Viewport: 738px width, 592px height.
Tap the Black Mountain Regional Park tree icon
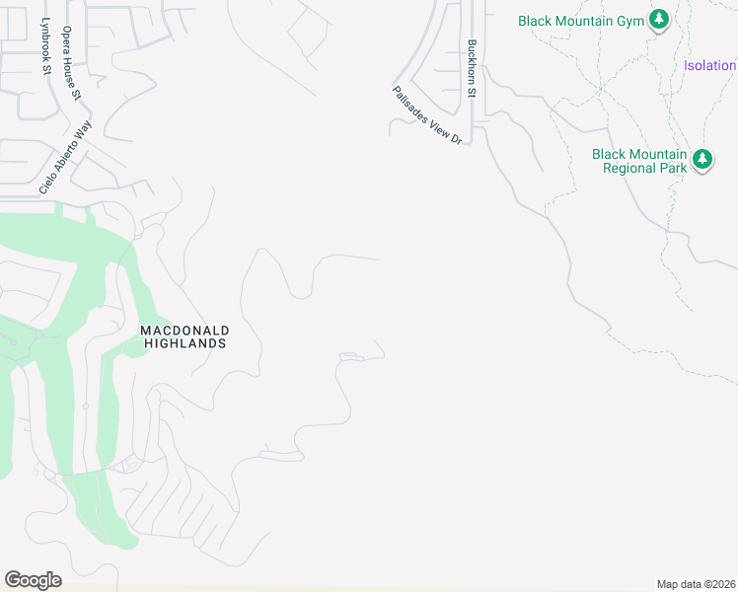tap(701, 159)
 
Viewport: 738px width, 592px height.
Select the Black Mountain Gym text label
tap(582, 20)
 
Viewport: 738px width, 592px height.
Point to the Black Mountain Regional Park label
tap(638, 161)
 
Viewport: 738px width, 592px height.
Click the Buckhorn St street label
tap(473, 69)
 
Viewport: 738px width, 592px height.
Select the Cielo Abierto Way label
tap(65, 157)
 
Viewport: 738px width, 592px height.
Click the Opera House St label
tap(71, 64)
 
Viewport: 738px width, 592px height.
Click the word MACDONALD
tap(184, 330)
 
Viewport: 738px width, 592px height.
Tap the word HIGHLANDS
tap(185, 343)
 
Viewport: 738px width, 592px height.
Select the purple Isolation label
tap(709, 66)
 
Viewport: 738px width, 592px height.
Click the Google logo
tap(33, 579)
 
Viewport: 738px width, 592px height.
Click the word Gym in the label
tap(630, 20)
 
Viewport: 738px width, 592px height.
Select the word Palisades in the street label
tap(408, 104)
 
